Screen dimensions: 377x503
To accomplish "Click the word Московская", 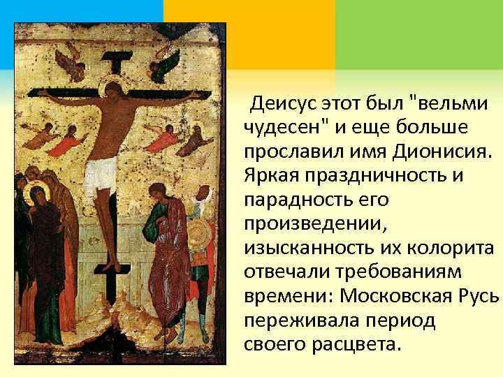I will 398,295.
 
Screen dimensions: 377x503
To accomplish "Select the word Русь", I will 480,295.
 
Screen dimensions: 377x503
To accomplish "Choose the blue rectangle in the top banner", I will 81,11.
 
